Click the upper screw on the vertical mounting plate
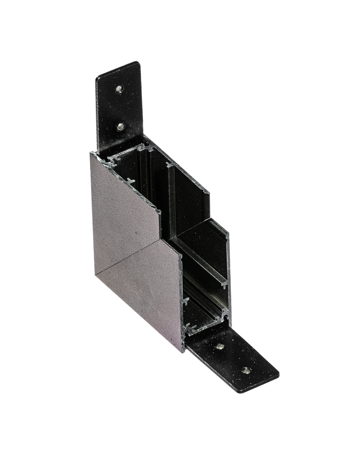[x=120, y=89]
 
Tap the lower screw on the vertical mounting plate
[x=120, y=126]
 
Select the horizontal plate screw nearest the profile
[x=219, y=346]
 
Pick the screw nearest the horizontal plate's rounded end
[x=246, y=370]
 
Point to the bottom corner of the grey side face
[x=182, y=352]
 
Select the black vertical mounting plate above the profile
[x=119, y=107]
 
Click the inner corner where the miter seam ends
[x=179, y=254]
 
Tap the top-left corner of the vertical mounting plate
[x=97, y=77]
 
